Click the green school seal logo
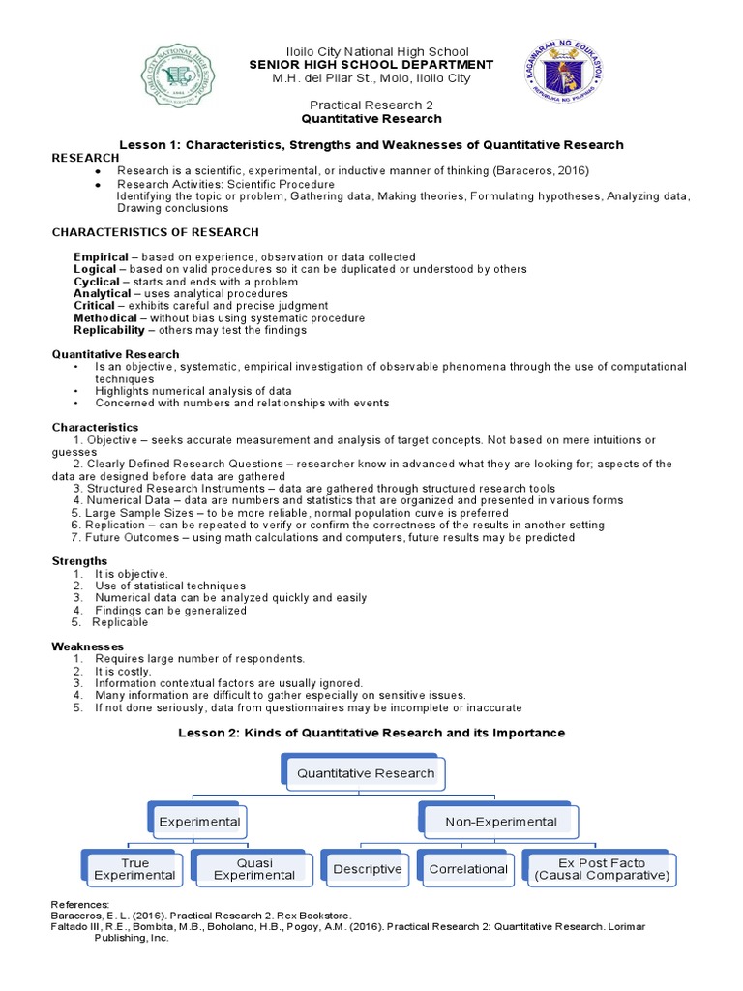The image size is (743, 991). [x=180, y=76]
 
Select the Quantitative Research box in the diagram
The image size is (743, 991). [x=365, y=773]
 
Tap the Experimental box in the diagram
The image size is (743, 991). [x=199, y=822]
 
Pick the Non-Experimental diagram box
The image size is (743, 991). [x=500, y=822]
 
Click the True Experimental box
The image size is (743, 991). [x=134, y=869]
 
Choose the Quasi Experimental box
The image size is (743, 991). [x=253, y=869]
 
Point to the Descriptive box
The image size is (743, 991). [x=367, y=869]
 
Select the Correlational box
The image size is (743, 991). [x=468, y=869]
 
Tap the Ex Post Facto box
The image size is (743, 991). [x=600, y=869]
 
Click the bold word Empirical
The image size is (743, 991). [x=101, y=257]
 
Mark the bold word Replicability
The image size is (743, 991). [x=108, y=330]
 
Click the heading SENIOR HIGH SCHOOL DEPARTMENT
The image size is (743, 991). [x=371, y=65]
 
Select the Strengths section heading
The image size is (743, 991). [x=79, y=561]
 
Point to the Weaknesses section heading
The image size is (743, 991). [x=87, y=646]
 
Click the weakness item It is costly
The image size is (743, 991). [x=123, y=671]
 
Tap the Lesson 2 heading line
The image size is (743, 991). [x=371, y=734]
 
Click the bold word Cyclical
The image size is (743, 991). [x=97, y=282]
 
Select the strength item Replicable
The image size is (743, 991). [x=120, y=622]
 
